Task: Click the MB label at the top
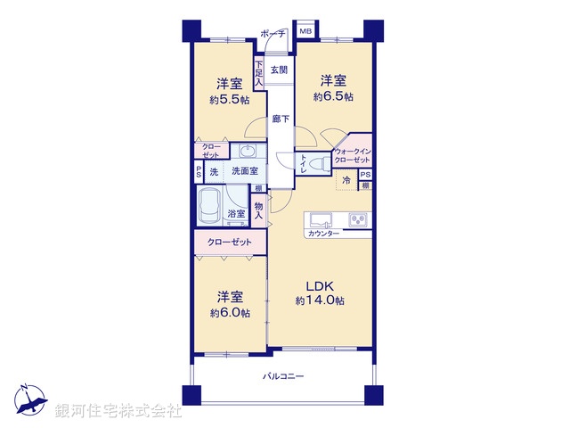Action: click(x=305, y=32)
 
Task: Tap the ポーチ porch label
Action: click(x=273, y=34)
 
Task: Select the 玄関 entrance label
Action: click(x=279, y=70)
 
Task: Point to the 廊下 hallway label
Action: click(x=280, y=118)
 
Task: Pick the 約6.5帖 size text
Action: click(x=331, y=94)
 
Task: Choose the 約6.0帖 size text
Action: click(x=230, y=313)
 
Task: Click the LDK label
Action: click(x=320, y=285)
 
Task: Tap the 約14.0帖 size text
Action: click(x=321, y=300)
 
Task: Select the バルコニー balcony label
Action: click(x=283, y=376)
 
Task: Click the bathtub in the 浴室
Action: click(x=211, y=209)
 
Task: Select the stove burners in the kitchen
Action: click(x=358, y=219)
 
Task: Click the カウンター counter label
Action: click(x=322, y=234)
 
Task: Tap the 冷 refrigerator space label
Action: click(x=346, y=180)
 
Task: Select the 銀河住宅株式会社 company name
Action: click(x=118, y=411)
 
